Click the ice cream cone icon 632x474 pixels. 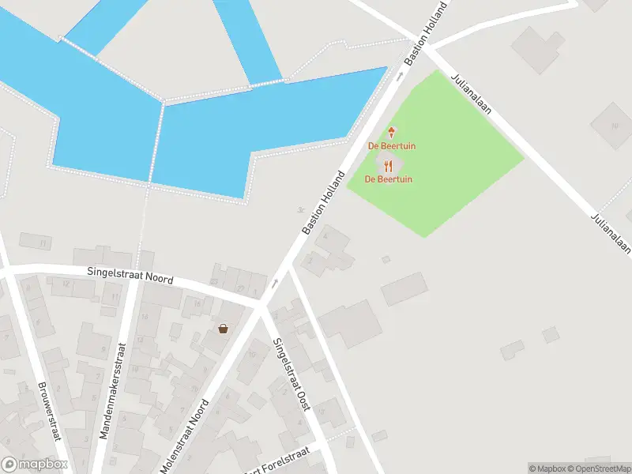390,133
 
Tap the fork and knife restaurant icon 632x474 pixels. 388,166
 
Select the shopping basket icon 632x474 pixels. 224,328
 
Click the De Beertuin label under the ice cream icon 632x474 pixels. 392,146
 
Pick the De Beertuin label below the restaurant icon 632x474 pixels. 388,179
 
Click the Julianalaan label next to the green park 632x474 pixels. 471,95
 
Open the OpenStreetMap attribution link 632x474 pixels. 598,468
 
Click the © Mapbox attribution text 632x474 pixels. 546,468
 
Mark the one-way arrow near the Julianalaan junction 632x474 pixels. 400,75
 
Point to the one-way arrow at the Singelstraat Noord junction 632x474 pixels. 275,283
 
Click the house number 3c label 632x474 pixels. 301,210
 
